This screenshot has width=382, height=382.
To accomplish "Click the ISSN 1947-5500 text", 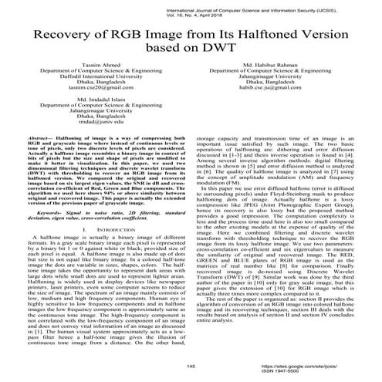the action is [x=315, y=372].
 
